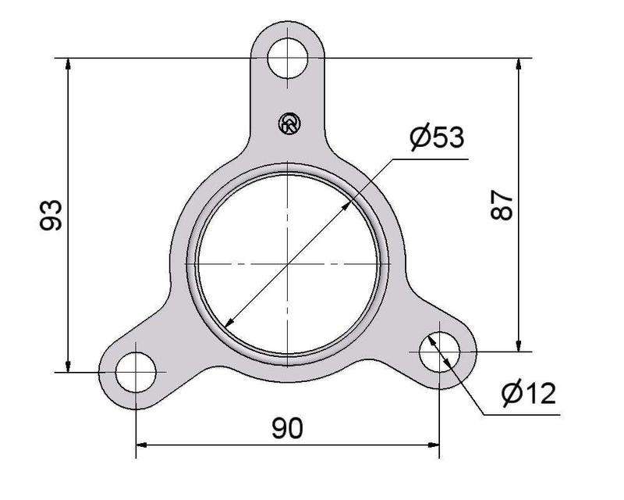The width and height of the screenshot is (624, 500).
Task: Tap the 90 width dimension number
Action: point(288,427)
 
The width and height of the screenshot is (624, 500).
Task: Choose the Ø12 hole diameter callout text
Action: point(529,393)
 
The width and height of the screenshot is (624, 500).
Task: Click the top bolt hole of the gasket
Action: point(288,58)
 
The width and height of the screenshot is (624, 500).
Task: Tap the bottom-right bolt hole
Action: point(439,352)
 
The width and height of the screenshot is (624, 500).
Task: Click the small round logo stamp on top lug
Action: point(289,123)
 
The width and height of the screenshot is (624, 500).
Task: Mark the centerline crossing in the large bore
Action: point(289,265)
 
